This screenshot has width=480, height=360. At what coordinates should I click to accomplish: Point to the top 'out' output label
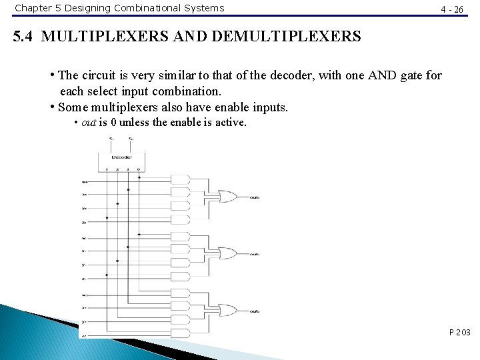(255, 198)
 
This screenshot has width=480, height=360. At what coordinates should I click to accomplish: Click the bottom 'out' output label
(255, 311)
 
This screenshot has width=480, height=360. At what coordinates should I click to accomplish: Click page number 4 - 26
(452, 9)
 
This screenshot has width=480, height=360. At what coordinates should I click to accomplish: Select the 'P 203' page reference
(459, 331)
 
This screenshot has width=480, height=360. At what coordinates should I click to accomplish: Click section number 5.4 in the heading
(25, 36)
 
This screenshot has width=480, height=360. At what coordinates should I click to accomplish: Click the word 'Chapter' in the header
(34, 8)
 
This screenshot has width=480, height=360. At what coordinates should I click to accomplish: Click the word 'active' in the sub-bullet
(229, 123)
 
